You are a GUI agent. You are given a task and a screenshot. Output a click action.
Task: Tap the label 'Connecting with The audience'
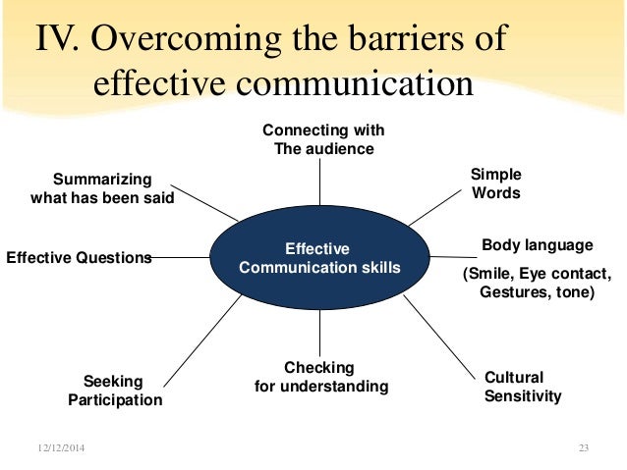pyautogui.click(x=323, y=139)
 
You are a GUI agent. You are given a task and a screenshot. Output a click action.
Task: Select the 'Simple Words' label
pyautogui.click(x=496, y=183)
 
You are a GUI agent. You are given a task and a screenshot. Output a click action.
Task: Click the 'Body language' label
pyautogui.click(x=537, y=245)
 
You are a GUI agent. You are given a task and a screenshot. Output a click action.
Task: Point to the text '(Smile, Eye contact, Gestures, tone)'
pyautogui.click(x=537, y=283)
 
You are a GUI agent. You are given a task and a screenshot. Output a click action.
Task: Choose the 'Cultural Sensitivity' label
pyautogui.click(x=523, y=387)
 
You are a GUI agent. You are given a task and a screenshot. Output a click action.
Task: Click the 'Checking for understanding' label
pyautogui.click(x=321, y=377)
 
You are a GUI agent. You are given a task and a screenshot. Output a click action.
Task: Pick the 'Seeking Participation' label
pyautogui.click(x=115, y=391)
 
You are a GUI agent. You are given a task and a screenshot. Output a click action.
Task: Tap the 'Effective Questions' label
pyautogui.click(x=80, y=258)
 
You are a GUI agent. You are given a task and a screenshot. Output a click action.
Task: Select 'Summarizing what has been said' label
pyautogui.click(x=102, y=188)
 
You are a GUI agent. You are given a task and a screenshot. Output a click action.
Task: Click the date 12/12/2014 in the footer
pyautogui.click(x=62, y=448)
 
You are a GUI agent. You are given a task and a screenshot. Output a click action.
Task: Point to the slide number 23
pyautogui.click(x=583, y=448)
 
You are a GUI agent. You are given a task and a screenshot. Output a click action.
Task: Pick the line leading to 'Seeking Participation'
pyautogui.click(x=201, y=339)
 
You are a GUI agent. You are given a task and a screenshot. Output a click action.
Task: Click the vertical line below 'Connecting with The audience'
pyautogui.click(x=320, y=183)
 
